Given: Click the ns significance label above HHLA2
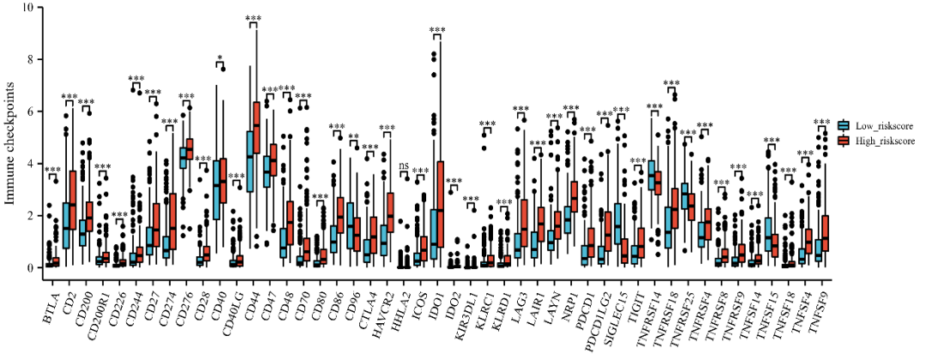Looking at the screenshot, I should click(x=404, y=165).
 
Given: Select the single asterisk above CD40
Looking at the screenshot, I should click(x=220, y=60).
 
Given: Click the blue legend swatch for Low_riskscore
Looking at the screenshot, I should click(x=845, y=124).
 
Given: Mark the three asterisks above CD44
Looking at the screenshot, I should click(x=253, y=19).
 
